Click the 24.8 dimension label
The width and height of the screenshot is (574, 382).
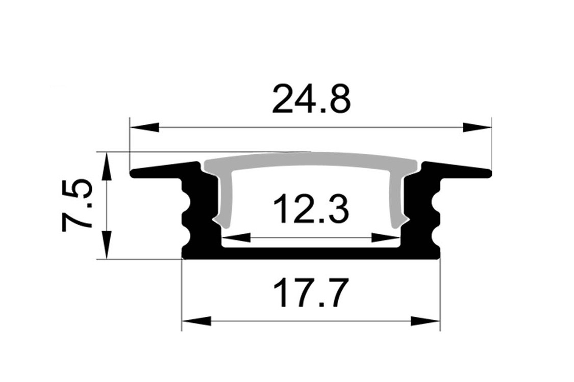point(311,98)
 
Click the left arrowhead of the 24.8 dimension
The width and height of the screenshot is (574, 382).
point(144,127)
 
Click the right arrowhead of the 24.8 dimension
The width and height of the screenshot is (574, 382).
point(477,127)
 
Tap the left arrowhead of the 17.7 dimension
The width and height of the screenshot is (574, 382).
point(197,322)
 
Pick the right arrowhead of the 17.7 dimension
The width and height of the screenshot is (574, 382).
point(425,322)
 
